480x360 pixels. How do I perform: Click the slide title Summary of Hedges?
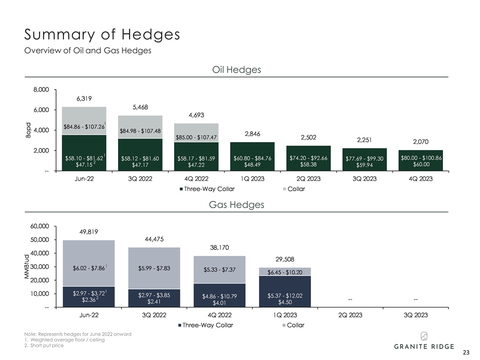point(102,35)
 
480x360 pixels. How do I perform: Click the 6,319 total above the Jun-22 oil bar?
point(84,99)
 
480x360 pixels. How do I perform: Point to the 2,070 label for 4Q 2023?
point(421,141)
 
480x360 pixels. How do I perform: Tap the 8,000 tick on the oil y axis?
point(41,90)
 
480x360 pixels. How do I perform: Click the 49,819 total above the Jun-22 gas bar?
point(88,231)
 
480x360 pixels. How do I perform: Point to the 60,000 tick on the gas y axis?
point(39,226)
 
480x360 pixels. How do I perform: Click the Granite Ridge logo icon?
point(423,335)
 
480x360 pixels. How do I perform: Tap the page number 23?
point(466,352)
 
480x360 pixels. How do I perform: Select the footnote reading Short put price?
point(45,346)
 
